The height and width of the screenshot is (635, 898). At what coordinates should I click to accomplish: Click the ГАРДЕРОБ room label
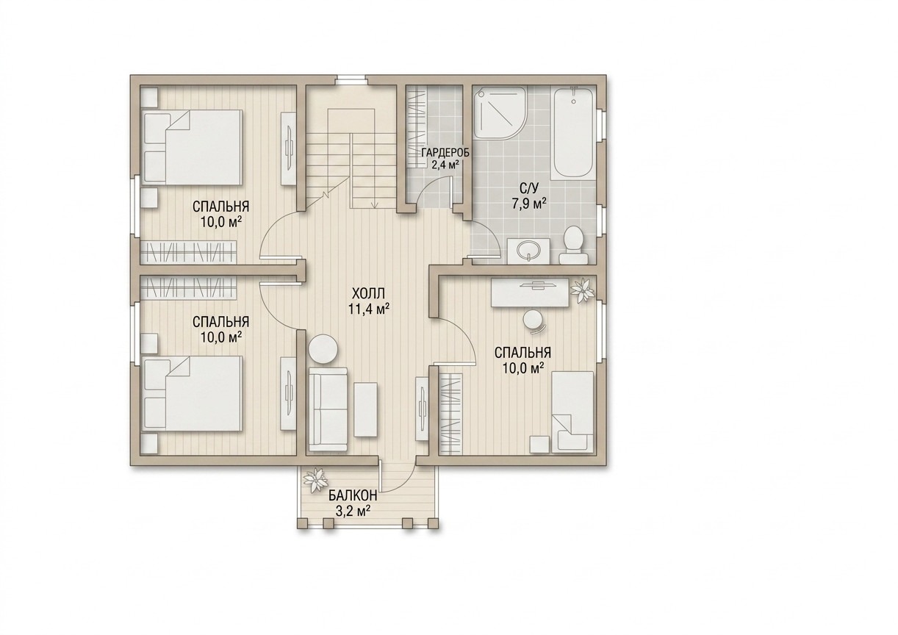445,153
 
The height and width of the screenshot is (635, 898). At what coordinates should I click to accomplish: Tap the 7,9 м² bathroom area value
529,204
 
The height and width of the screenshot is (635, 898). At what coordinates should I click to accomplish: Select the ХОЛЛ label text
368,293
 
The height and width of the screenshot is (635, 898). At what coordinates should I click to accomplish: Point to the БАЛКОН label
353,496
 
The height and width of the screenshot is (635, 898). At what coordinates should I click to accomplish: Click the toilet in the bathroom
574,245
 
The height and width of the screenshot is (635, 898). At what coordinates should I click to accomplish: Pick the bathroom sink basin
528,251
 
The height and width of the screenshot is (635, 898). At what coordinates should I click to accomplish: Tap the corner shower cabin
497,113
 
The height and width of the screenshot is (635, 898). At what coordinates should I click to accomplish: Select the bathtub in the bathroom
574,134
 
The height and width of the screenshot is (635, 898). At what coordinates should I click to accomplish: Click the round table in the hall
323,350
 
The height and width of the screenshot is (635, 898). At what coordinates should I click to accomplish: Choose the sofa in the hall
328,409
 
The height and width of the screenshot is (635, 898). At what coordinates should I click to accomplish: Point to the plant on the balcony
315,481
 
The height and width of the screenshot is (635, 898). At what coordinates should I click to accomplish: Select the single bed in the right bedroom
572,412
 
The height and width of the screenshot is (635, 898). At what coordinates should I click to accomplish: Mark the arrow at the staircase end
375,205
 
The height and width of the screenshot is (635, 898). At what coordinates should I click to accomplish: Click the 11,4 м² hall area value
368,309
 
